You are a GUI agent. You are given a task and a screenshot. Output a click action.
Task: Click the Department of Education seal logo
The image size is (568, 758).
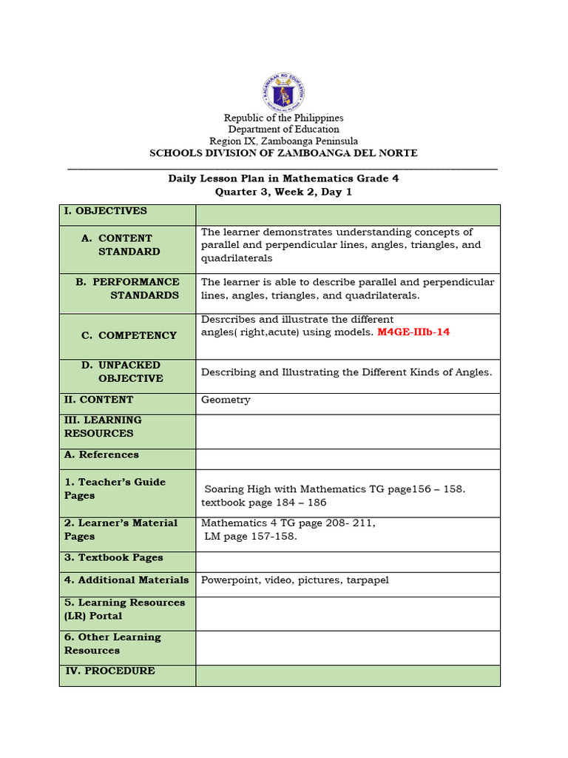click(283, 93)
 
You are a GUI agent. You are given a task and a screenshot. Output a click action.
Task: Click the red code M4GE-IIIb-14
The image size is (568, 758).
click(413, 332)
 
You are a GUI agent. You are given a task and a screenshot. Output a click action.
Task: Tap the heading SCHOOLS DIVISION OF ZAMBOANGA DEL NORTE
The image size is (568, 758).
click(283, 153)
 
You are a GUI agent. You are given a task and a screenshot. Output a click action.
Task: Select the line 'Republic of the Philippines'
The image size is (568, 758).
click(284, 118)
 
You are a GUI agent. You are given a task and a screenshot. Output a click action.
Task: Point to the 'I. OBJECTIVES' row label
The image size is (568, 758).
click(105, 211)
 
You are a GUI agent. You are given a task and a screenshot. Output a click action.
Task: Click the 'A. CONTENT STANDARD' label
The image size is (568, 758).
click(126, 245)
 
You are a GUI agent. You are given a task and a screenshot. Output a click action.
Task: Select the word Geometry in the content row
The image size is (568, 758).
click(226, 400)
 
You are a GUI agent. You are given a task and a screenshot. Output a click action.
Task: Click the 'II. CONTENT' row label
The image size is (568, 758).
click(98, 400)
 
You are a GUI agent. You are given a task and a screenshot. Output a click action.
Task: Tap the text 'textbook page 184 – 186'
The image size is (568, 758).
click(263, 503)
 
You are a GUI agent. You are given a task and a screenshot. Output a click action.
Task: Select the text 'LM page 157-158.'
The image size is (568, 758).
click(251, 537)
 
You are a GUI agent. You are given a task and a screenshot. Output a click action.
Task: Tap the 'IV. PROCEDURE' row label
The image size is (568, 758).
click(109, 671)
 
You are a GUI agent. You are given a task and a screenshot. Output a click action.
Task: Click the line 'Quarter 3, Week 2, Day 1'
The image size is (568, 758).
click(283, 191)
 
